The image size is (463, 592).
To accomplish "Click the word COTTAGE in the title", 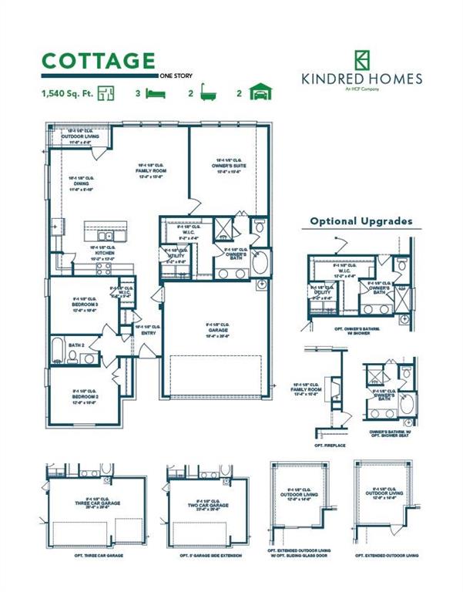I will tap(98, 61).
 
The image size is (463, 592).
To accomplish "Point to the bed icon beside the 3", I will tap(156, 93).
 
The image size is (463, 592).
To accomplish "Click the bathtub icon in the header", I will tap(206, 93).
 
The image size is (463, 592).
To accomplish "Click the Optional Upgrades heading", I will tap(361, 221).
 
